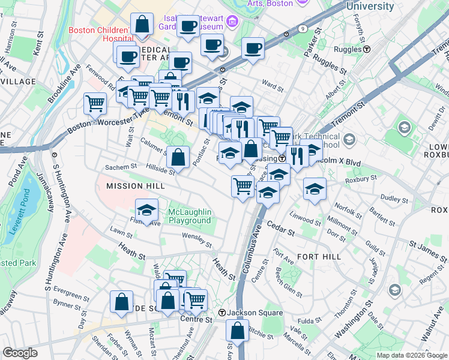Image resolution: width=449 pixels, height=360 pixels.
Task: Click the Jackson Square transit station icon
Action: (x=221, y=313)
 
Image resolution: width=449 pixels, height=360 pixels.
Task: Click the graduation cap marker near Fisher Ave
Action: (x=146, y=210)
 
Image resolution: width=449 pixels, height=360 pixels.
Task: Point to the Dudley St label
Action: (x=394, y=197)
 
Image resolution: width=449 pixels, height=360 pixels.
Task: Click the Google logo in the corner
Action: (x=20, y=353)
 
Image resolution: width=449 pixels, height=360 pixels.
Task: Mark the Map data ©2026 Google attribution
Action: (x=411, y=355)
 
